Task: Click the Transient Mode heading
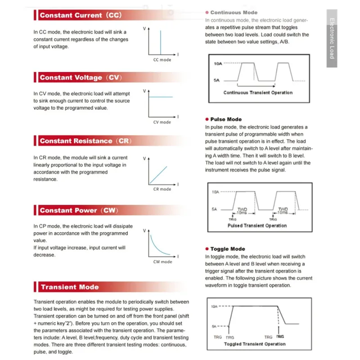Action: [x=69, y=287]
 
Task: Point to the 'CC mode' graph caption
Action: [x=162, y=60]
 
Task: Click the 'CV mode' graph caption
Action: [x=162, y=122]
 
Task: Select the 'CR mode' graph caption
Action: [x=162, y=189]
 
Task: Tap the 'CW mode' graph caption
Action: [x=162, y=261]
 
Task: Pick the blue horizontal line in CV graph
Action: [x=161, y=97]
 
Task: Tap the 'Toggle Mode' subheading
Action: [x=228, y=249]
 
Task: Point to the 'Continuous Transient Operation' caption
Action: [x=258, y=93]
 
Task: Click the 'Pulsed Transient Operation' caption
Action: [x=257, y=225]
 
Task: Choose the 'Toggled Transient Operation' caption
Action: [x=255, y=344]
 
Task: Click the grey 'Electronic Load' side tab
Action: [x=332, y=39]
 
